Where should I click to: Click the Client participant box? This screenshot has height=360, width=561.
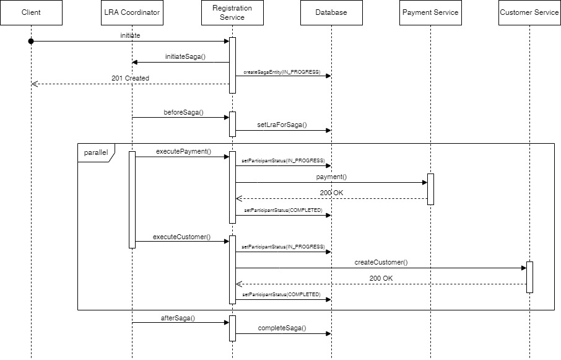31,12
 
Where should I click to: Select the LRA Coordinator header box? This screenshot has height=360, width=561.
132,12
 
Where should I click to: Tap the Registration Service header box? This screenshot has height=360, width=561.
232,12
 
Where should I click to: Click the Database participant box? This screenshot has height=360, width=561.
331,12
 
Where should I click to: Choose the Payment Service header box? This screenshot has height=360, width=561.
430,12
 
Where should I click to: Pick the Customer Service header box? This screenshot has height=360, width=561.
529,12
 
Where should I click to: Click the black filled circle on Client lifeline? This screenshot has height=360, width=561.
31,41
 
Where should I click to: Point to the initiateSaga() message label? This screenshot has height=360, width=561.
185,56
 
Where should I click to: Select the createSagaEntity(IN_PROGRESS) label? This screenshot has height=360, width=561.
282,72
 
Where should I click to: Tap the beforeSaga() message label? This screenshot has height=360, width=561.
183,112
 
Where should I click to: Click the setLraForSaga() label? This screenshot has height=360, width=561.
282,125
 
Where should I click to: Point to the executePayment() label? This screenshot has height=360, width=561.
183,151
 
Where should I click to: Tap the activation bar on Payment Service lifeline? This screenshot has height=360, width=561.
430,189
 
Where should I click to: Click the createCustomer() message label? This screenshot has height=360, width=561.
381,262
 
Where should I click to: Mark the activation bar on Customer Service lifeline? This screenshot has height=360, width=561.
529,277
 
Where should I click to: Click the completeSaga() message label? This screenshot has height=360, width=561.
282,328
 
